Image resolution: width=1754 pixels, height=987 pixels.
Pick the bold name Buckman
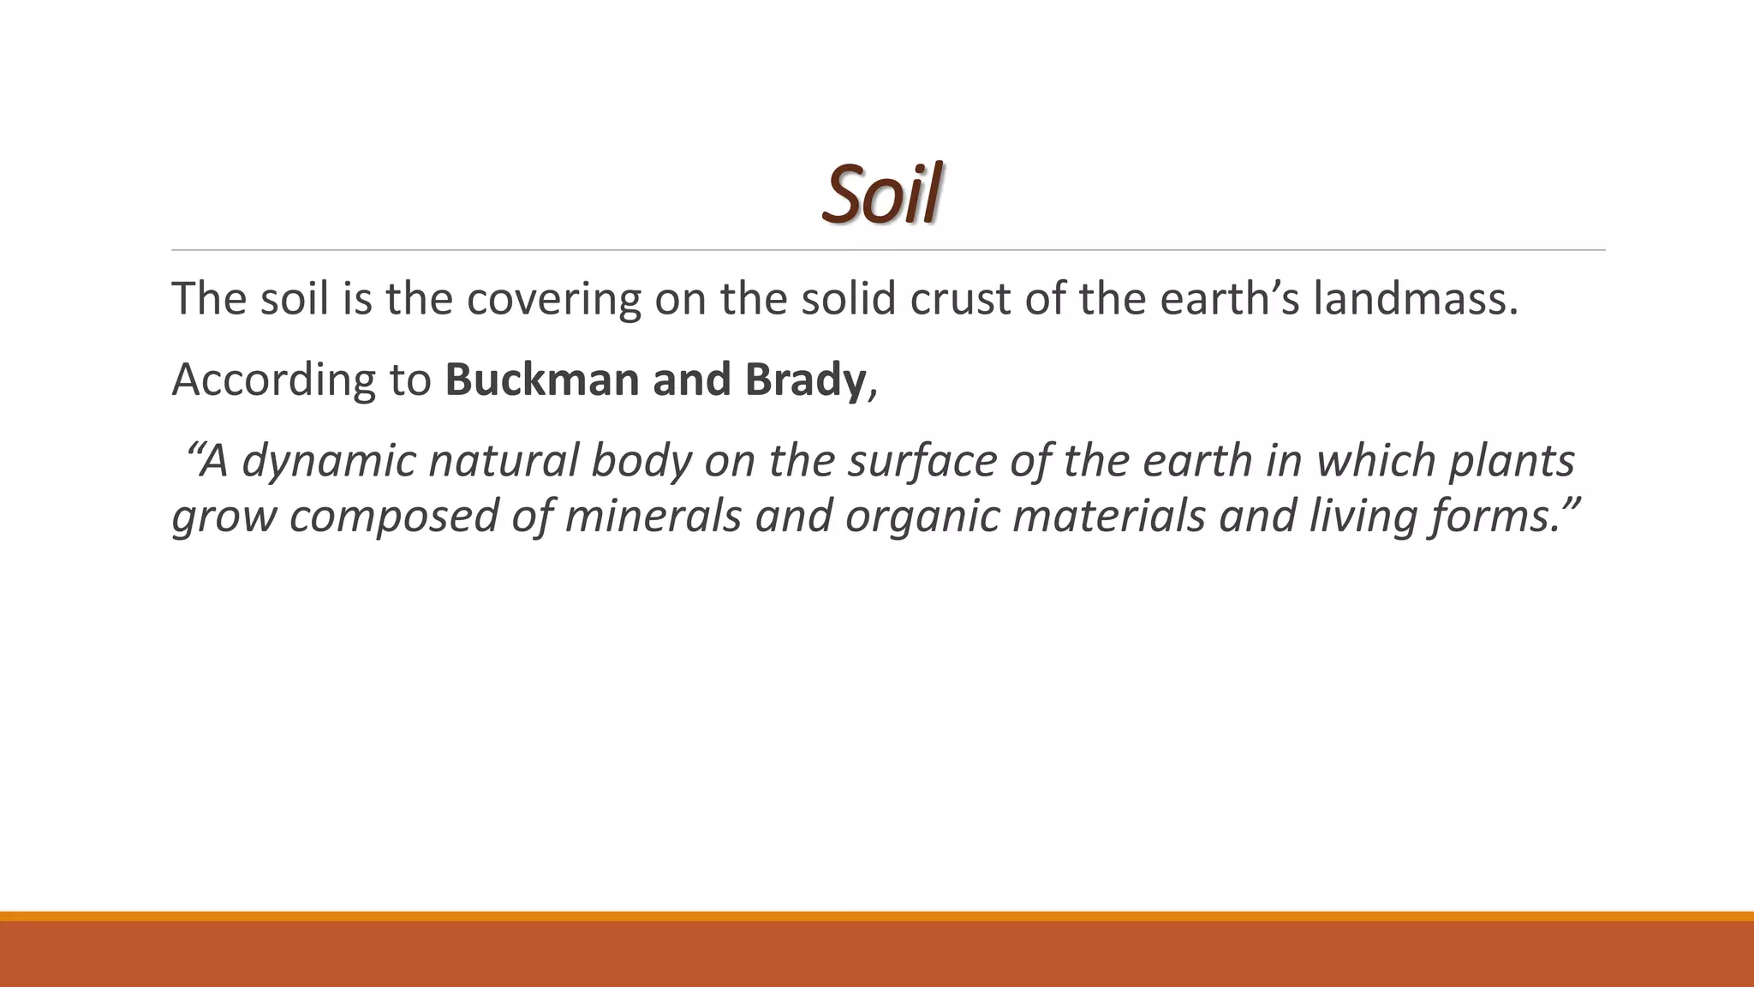543,380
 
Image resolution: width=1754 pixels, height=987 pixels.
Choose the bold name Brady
805,380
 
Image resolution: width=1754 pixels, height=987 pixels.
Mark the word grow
224,517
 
